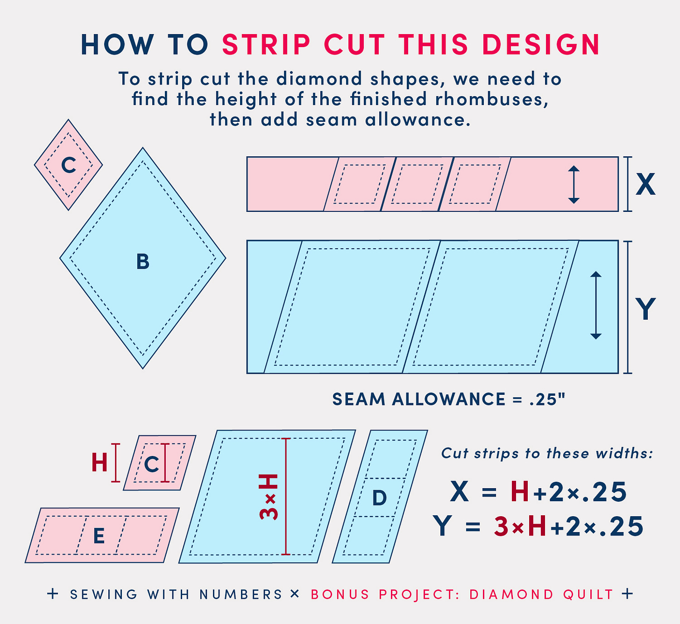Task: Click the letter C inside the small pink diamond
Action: coord(69,165)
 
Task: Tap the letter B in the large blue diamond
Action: coord(143,261)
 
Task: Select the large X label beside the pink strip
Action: coord(645,184)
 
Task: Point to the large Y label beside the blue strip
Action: coord(645,308)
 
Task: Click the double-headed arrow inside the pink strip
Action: coord(574,185)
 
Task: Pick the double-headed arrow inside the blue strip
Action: coord(595,305)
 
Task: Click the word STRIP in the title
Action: coord(266,44)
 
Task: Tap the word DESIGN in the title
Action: coord(541,44)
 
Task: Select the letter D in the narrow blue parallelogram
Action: coord(379,498)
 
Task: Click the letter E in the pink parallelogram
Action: coord(99,536)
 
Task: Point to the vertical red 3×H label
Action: coord(269,497)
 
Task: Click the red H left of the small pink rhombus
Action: coord(99,463)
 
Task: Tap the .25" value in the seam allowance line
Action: coord(547,399)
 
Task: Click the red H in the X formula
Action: coord(520,491)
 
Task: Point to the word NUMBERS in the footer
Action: coord(241,594)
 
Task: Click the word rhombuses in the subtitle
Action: coord(491,99)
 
